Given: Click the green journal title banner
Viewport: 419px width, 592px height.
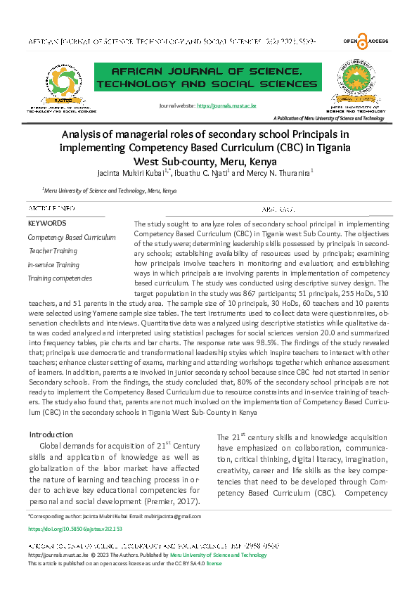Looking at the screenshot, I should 208,77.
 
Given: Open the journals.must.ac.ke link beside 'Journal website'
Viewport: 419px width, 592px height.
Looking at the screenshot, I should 226,105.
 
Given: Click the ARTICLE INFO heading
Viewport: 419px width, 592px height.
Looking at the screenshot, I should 51,209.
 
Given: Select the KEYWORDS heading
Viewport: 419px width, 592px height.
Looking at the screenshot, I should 46,223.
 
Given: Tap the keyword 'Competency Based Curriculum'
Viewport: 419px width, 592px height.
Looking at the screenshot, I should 72,238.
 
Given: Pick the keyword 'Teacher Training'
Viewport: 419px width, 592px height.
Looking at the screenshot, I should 53,251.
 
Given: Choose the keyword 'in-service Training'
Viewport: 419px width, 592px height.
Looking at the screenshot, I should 53,265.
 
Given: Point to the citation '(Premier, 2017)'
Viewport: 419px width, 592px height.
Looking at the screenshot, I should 172,501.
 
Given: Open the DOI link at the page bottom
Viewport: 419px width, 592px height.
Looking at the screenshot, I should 75,528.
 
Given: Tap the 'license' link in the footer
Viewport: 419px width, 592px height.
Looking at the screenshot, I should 213,564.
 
